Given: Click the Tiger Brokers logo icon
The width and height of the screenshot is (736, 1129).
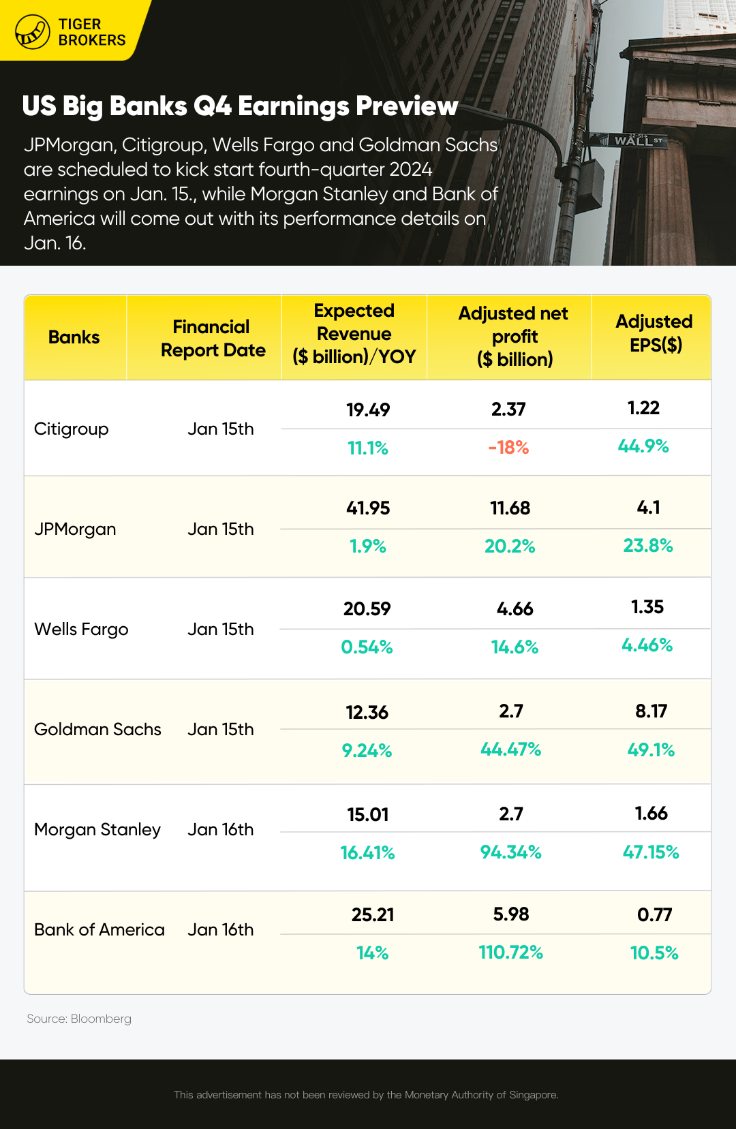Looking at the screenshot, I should coord(33,31).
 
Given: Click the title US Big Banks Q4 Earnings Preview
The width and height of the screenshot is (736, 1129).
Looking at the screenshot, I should coord(240,106).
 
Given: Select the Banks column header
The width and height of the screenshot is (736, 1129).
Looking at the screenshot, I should coord(74,337).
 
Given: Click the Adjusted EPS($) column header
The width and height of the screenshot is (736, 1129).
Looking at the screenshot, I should coord(654,333).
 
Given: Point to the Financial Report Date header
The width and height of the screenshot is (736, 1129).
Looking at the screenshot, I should coord(213,339).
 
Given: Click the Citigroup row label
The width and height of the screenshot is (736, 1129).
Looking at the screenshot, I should coord(72,429).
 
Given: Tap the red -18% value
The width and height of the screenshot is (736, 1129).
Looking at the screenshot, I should coord(508,448).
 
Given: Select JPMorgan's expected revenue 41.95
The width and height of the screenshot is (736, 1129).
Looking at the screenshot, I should coord(368,508).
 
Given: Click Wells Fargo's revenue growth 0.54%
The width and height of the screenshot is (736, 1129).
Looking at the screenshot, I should coord(367,647).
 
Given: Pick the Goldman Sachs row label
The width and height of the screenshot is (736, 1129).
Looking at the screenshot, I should coord(97,730).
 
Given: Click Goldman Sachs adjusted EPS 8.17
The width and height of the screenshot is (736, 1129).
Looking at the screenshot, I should coord(651,711).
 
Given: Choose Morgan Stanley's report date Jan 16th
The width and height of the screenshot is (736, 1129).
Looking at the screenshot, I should coord(220,830).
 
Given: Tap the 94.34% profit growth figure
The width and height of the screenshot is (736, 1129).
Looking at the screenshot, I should coord(510,852).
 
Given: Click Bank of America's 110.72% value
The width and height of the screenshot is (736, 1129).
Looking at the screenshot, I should coord(510,953).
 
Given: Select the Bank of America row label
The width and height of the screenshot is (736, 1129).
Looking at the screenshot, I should coord(99,930).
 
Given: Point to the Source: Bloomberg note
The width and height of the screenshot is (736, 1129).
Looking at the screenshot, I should coord(79,1019).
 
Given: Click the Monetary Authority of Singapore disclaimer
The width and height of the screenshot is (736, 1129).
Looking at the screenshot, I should coord(366,1095).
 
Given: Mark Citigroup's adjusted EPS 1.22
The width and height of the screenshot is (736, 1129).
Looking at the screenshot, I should coord(643,408).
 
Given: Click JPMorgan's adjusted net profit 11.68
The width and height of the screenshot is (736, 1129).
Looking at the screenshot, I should coord(510,508).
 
